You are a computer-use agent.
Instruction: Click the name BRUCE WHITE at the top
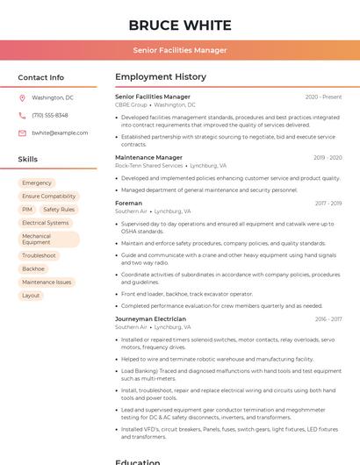point(180,25)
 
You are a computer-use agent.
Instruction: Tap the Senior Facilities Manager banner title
point(180,50)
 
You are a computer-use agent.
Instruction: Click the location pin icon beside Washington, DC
point(22,98)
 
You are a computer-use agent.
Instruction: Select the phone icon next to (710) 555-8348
point(22,116)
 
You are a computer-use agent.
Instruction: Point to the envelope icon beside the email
point(22,133)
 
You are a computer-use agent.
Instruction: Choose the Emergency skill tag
point(37,183)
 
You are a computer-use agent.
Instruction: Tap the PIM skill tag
point(27,210)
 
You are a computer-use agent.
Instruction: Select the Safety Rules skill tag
point(59,210)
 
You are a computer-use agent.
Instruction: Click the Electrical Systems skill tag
point(46,223)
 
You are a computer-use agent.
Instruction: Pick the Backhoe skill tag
point(33,268)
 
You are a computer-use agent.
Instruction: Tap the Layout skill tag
point(31,296)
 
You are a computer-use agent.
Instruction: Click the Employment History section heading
point(161,77)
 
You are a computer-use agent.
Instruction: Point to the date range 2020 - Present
point(323,97)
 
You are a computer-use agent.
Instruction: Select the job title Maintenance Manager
point(148,157)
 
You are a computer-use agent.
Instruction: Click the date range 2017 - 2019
point(328,204)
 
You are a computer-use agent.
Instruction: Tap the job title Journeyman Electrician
point(150,319)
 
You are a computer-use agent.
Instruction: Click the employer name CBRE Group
point(131,104)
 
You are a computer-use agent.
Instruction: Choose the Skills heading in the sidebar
point(28,160)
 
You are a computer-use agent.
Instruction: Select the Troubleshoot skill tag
point(39,255)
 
